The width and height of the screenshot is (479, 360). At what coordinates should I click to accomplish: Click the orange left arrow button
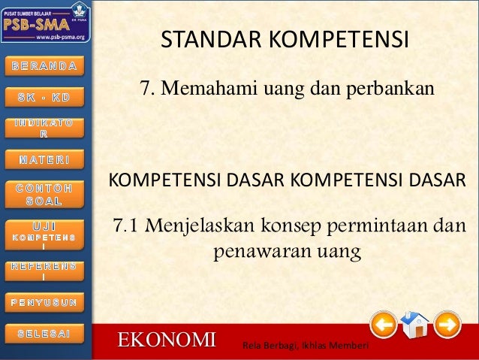[x=384, y=325]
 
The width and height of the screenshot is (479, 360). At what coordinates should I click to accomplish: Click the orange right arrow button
[x=447, y=325]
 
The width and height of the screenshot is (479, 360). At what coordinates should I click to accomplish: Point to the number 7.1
[x=127, y=225]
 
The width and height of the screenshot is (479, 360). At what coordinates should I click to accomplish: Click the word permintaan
[x=375, y=225]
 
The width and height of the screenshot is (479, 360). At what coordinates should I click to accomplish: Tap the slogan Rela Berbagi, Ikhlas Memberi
[x=303, y=345]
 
